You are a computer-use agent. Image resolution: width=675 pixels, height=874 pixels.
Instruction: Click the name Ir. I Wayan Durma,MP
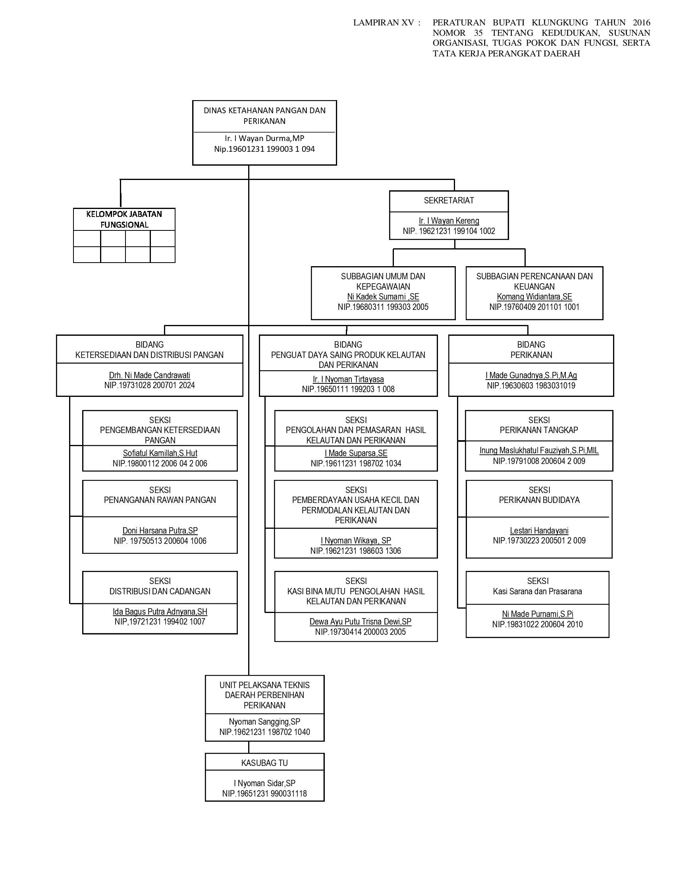point(264,139)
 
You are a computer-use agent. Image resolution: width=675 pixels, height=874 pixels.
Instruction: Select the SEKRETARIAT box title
point(449,201)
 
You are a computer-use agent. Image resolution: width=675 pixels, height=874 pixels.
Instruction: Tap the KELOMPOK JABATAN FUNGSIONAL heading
point(124,219)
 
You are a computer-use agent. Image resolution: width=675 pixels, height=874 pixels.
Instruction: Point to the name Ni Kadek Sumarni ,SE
point(383,297)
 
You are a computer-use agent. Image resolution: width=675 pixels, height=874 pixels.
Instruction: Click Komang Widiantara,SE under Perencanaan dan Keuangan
point(534,297)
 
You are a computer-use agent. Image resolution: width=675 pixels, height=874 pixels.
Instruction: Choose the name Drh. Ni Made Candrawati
point(150,375)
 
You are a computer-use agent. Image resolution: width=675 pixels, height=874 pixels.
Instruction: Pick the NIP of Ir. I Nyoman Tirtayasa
point(348,389)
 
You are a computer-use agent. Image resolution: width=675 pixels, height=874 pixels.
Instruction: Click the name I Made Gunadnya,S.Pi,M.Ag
point(531,375)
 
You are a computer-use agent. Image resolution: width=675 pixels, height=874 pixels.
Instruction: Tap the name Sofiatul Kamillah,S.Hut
point(160,453)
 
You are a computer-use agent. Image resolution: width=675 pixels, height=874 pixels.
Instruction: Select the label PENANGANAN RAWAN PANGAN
point(160,500)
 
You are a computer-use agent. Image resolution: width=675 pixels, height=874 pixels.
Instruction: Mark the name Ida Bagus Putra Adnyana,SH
point(160,612)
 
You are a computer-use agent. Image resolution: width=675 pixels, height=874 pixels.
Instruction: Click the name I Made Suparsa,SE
point(356,453)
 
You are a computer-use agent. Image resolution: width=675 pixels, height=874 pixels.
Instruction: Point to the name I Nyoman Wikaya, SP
point(356,541)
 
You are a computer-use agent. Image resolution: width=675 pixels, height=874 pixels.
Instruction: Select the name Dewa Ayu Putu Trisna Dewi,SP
point(360,622)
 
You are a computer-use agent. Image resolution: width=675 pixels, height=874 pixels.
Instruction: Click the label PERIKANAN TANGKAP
point(539,430)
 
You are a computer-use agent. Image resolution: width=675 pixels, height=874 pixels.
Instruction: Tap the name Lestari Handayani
point(539,531)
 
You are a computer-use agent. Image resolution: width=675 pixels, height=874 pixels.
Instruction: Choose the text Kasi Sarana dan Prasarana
point(538,592)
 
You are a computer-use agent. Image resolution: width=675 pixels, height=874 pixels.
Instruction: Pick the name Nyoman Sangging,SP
point(264,722)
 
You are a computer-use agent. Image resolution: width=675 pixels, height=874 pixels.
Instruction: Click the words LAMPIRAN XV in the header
point(383,23)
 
